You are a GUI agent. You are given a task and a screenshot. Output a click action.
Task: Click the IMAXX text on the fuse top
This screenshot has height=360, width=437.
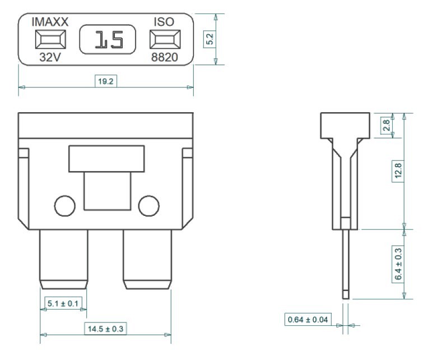click(x=50, y=22)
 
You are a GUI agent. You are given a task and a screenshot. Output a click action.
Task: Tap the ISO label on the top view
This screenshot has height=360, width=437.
click(x=164, y=22)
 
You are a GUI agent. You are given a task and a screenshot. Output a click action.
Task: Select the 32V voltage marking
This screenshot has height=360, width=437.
click(x=50, y=57)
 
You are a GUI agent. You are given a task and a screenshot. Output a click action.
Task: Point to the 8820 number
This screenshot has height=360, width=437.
click(x=164, y=57)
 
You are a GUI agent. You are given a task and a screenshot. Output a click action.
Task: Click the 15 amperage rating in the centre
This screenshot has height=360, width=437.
click(x=109, y=39)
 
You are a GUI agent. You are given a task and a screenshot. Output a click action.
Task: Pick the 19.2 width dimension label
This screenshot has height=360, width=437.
click(x=106, y=81)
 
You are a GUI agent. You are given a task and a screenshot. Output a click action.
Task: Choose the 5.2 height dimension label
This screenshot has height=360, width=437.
click(x=210, y=39)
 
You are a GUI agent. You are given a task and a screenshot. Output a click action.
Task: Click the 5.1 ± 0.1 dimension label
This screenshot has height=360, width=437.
click(x=63, y=303)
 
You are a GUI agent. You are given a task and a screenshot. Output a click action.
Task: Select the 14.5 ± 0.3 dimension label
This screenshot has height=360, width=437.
click(x=105, y=329)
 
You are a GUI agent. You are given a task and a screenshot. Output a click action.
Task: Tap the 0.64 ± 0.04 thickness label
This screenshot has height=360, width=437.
click(x=308, y=319)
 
